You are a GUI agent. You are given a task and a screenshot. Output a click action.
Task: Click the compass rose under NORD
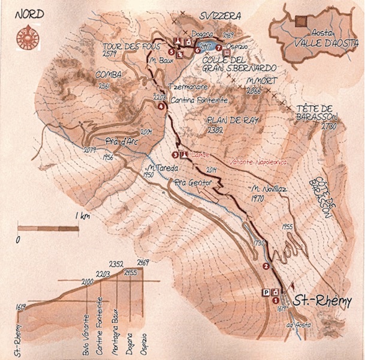click(26, 36)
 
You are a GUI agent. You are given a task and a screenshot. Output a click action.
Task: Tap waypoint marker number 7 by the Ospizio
click(219, 48)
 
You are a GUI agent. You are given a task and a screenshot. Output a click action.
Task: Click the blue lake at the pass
click(206, 44)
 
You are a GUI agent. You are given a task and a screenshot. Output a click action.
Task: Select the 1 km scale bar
click(49, 227)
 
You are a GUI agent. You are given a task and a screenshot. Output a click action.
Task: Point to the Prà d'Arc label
click(117, 142)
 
